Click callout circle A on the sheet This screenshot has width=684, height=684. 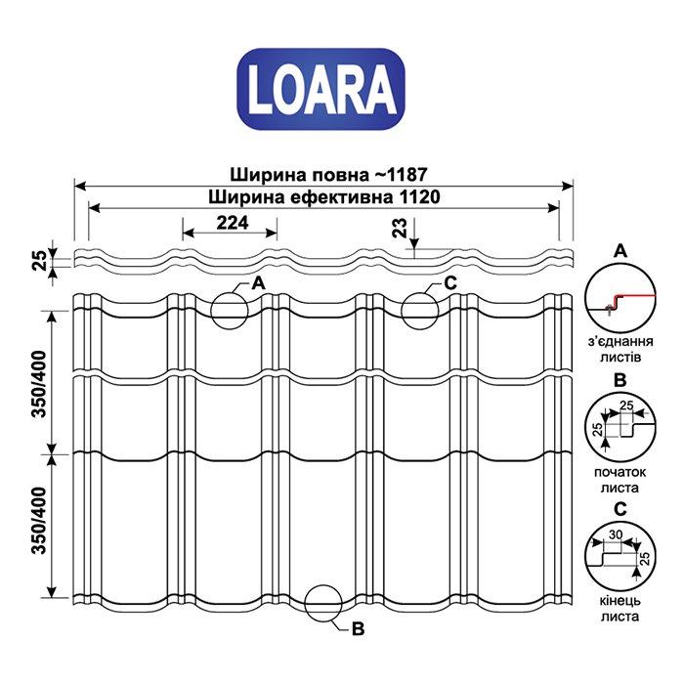point(230,308)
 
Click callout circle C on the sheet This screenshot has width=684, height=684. point(420,310)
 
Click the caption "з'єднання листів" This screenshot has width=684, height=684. point(619,350)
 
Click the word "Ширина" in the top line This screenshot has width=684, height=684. point(261,174)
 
